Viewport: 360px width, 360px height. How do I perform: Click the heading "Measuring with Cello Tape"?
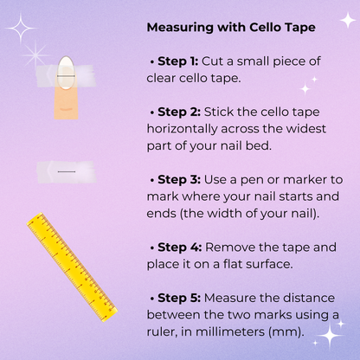tap(231, 28)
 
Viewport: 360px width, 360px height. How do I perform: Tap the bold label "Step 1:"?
tap(178, 61)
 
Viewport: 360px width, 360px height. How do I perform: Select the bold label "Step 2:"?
tap(179, 112)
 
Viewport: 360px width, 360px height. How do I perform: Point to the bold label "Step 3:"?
tap(179, 179)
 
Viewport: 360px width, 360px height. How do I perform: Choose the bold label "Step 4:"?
tap(180, 247)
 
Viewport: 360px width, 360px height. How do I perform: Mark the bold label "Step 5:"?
tap(179, 298)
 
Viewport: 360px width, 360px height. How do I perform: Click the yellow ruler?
tap(72, 267)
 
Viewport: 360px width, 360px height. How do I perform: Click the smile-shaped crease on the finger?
tap(66, 109)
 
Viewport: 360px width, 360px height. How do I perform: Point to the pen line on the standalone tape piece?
tap(67, 171)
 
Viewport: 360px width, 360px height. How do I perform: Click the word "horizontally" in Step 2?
tap(182, 129)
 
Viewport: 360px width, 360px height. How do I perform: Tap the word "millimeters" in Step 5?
tap(230, 331)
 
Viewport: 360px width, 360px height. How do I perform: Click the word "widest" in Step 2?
tap(305, 129)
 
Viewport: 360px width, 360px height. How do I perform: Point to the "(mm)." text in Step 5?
tap(286, 332)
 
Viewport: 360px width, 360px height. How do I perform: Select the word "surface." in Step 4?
tap(269, 264)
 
